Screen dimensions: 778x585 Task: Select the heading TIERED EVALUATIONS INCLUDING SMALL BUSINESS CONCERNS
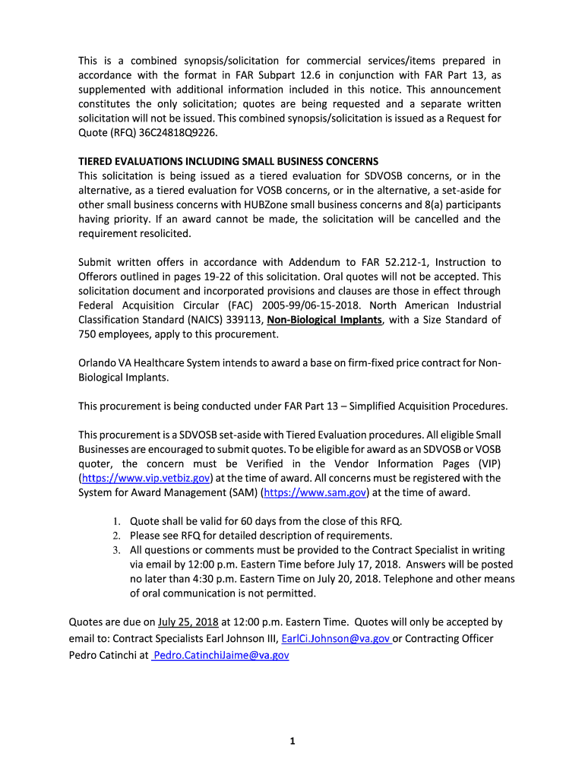pyautogui.click(x=229, y=162)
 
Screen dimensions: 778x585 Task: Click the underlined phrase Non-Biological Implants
pyautogui.click(x=324, y=320)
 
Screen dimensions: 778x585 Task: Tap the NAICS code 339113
pyautogui.click(x=242, y=320)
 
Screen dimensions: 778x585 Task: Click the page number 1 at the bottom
pyautogui.click(x=292, y=742)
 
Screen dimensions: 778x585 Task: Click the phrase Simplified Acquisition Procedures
pyautogui.click(x=425, y=406)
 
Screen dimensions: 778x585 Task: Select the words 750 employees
pyautogui.click(x=114, y=334)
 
